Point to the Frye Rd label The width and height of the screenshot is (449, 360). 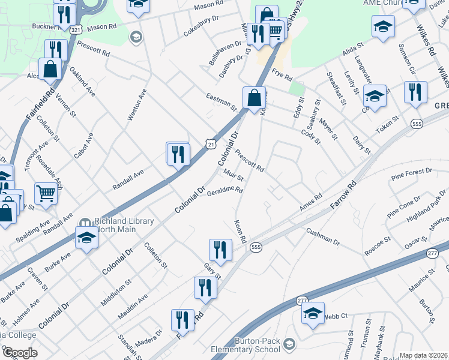[x=282, y=75]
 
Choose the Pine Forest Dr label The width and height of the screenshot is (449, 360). [x=411, y=175]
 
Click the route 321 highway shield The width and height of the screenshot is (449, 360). [x=75, y=29]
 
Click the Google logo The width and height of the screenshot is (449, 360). [x=20, y=352]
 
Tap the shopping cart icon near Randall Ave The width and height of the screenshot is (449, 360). [x=46, y=193]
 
